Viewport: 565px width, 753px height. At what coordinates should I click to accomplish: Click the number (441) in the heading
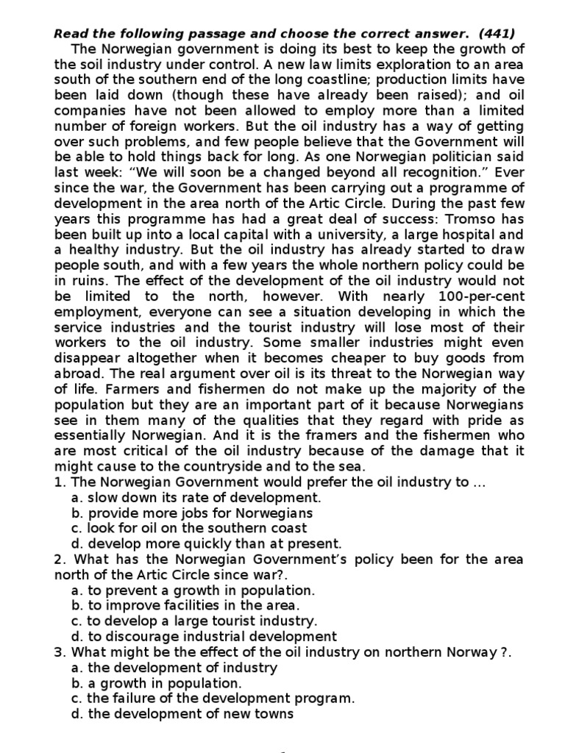click(x=498, y=33)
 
